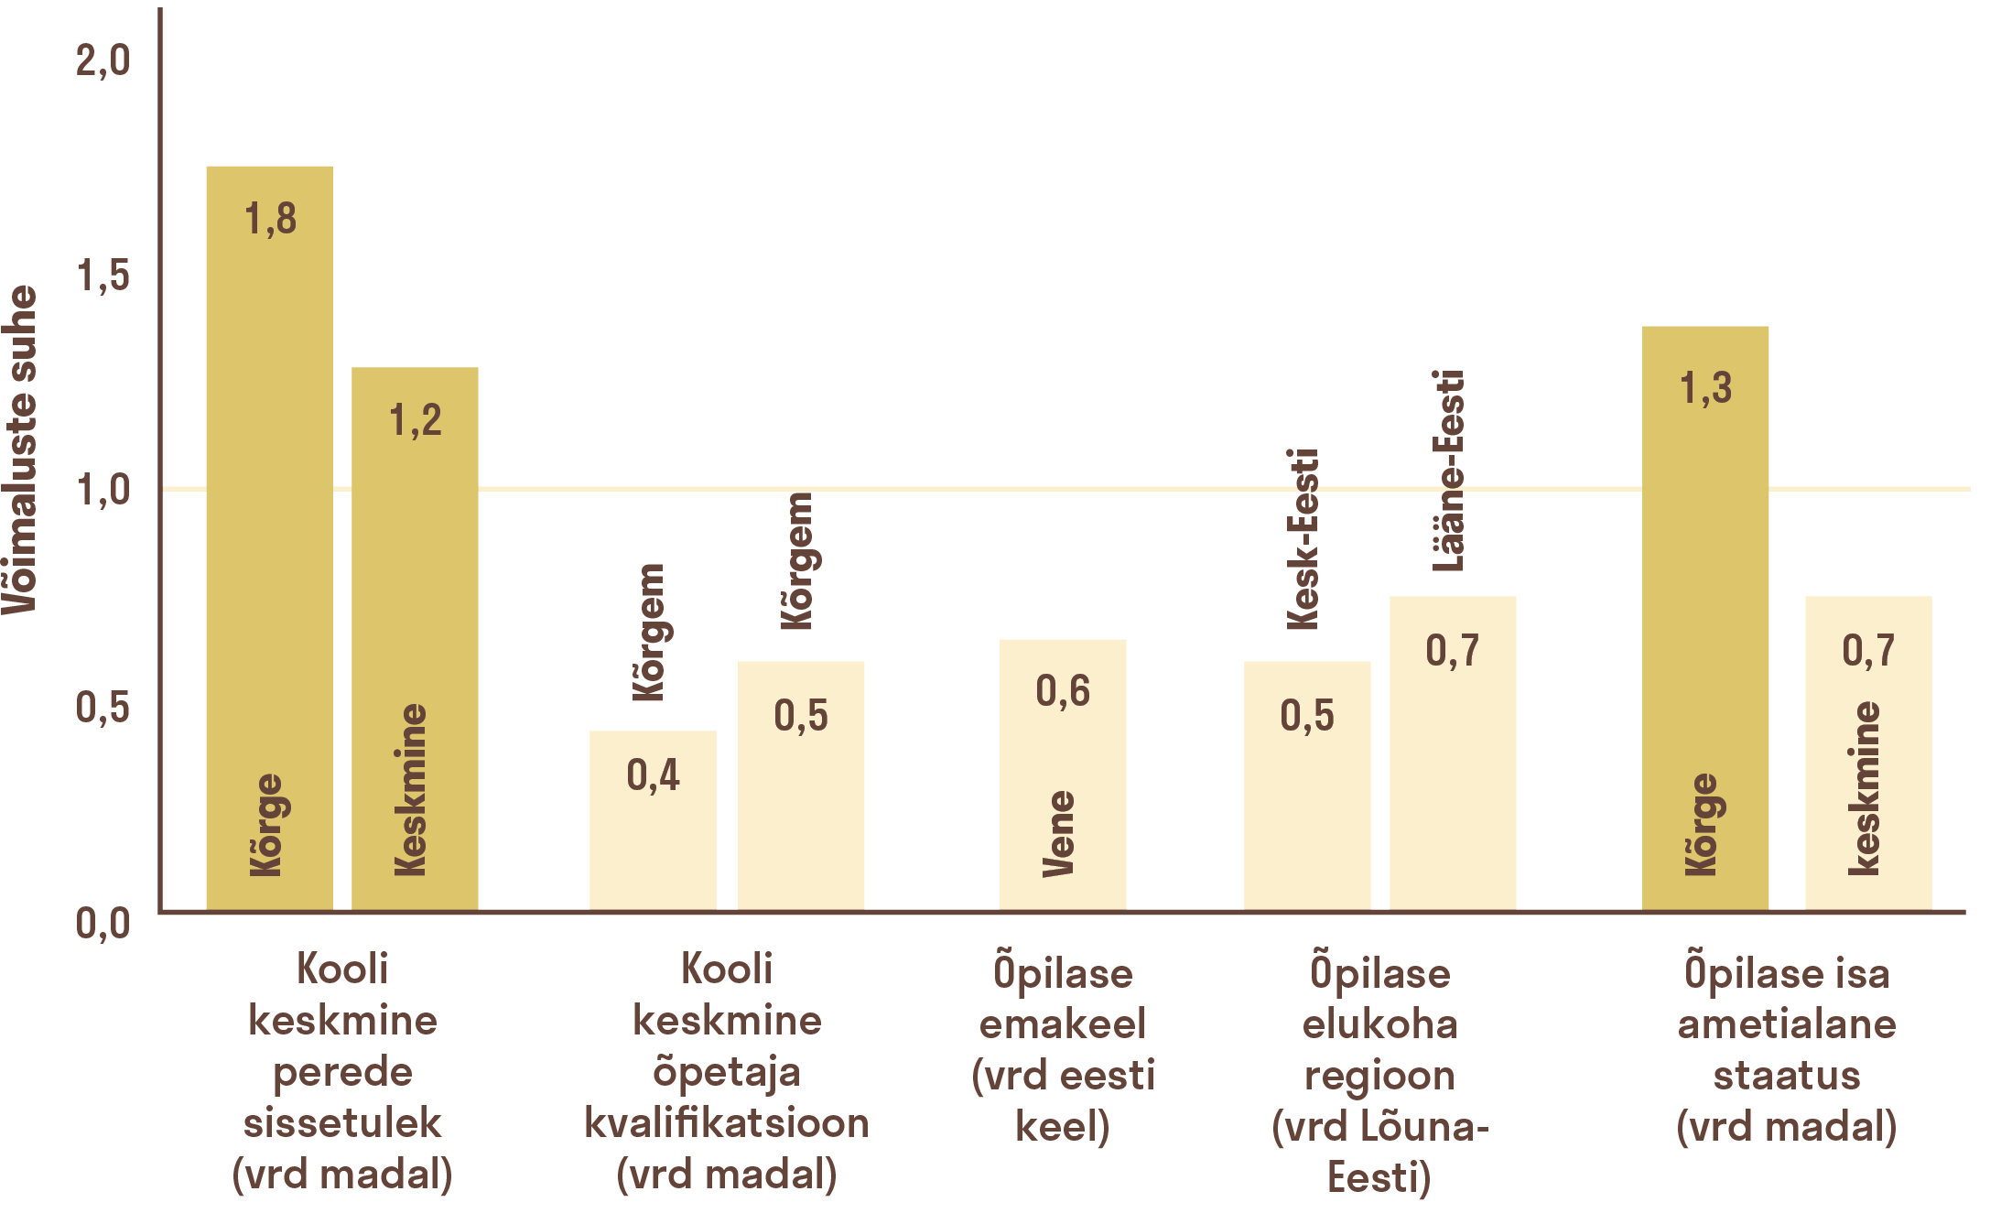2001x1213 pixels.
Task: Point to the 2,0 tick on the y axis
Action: pos(103,61)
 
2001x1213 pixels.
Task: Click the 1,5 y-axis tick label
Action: pos(103,276)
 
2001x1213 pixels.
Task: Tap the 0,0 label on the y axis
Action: pos(103,923)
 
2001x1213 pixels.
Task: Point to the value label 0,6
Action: pos(1062,691)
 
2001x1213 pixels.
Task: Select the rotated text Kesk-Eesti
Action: pos(1303,539)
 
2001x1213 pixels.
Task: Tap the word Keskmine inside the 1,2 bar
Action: pos(411,789)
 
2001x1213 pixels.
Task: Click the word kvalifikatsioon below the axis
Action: pos(726,1123)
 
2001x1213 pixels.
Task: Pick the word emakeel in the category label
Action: pos(1062,1023)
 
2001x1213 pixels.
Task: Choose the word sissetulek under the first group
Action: pos(341,1123)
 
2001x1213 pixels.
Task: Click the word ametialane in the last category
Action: pos(1786,1023)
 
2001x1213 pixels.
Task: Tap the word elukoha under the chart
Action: pos(1379,1023)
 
